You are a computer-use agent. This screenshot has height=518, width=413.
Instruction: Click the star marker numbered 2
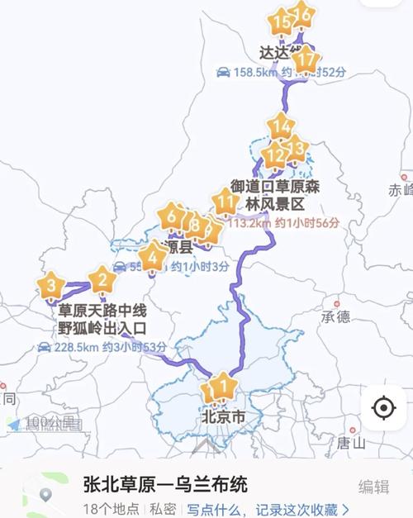pyautogui.click(x=102, y=281)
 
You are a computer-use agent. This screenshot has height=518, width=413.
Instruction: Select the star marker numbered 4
pyautogui.click(x=152, y=259)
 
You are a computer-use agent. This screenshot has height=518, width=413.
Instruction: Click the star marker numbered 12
pyautogui.click(x=274, y=154)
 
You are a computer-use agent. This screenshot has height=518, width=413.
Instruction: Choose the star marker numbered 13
pyautogui.click(x=296, y=148)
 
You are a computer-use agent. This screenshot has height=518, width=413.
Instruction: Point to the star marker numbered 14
pyautogui.click(x=281, y=127)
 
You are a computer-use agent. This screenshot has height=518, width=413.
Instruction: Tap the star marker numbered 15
pyautogui.click(x=282, y=22)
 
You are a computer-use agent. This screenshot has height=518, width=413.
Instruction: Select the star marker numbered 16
pyautogui.click(x=303, y=15)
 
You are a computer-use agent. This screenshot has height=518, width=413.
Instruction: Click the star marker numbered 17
pyautogui.click(x=306, y=59)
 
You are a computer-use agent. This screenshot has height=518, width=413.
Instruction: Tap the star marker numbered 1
pyautogui.click(x=221, y=385)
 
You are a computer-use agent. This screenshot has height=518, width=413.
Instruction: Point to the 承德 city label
pyautogui.click(x=336, y=316)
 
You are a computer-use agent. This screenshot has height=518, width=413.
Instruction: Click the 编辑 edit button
pyautogui.click(x=373, y=487)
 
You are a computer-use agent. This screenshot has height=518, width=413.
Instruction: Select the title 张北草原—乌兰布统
pyautogui.click(x=165, y=484)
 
